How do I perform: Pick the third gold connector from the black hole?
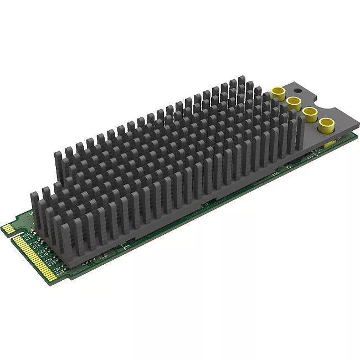click(x=309, y=112)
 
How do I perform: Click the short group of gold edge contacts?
click(x=8, y=228)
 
